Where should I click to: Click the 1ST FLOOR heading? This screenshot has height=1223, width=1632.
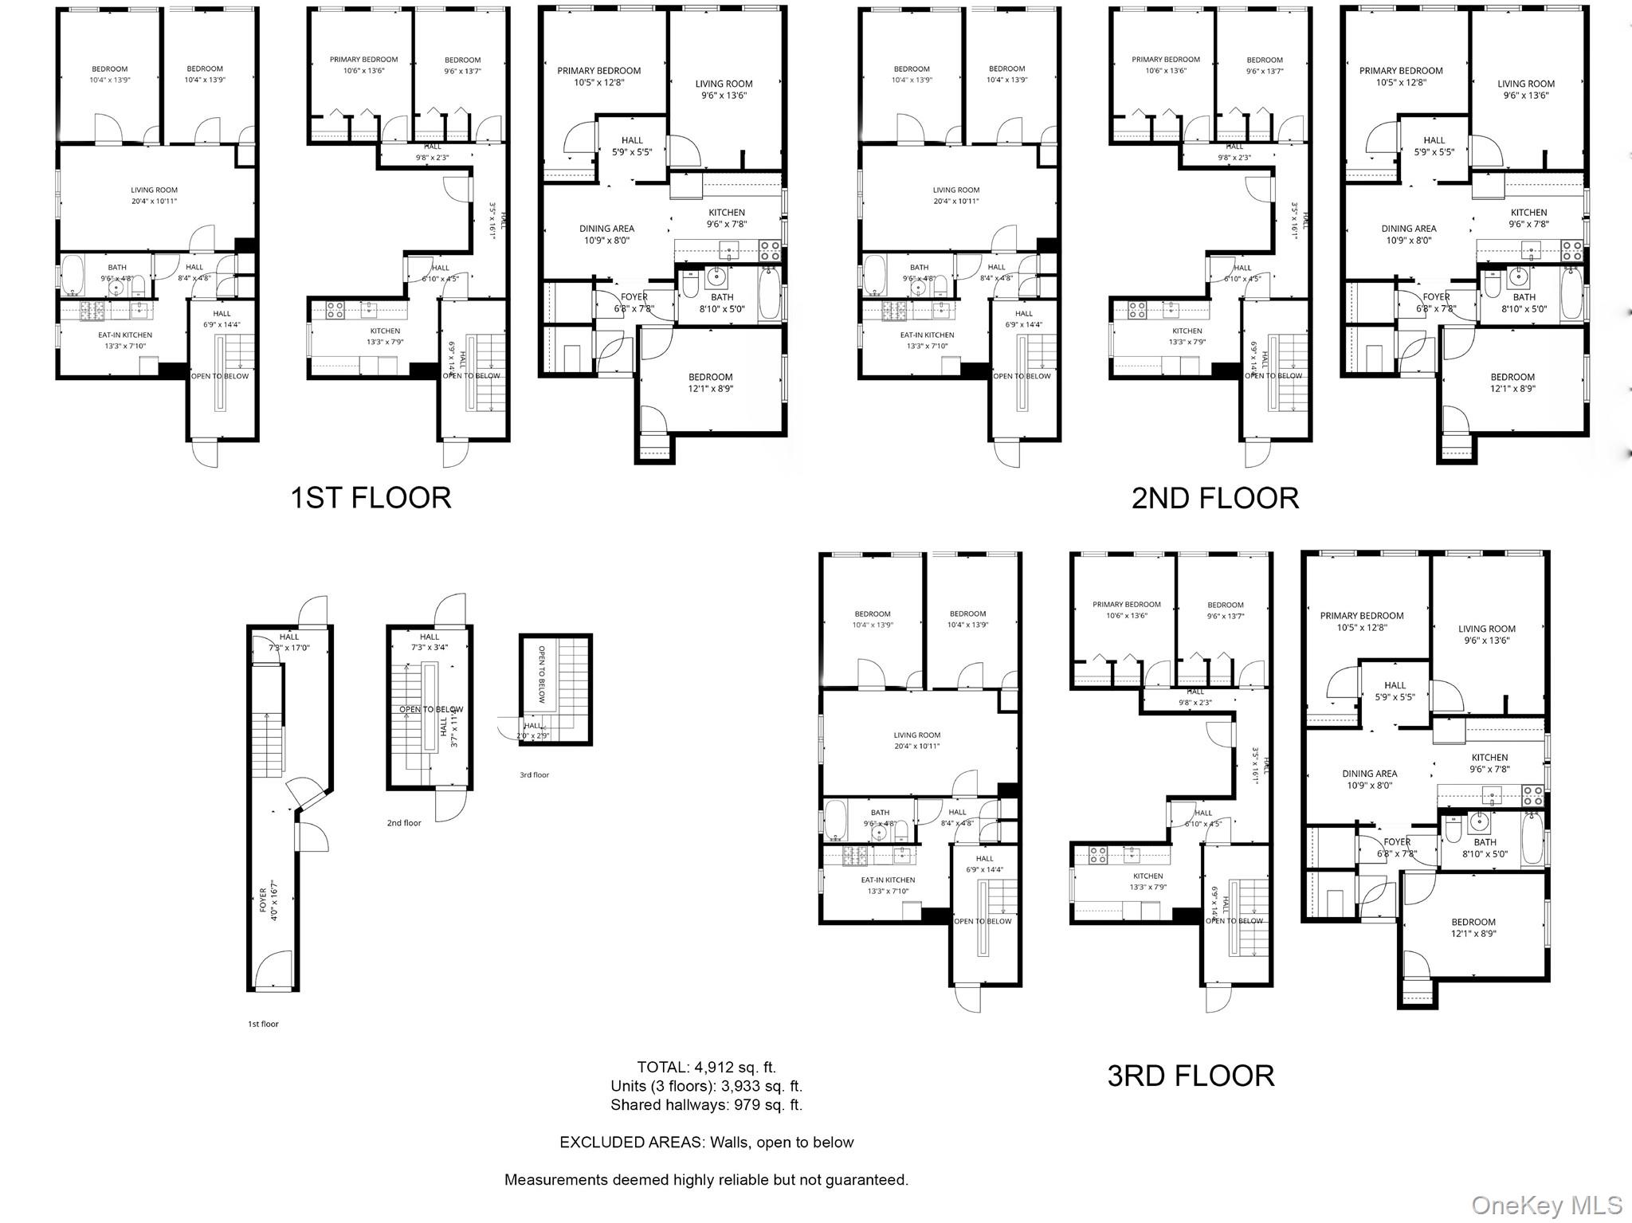(371, 498)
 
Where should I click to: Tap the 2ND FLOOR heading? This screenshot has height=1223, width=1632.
(1214, 498)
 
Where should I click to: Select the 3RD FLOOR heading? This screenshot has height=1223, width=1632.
(1191, 1076)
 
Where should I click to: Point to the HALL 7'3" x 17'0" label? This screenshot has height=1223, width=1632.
(288, 642)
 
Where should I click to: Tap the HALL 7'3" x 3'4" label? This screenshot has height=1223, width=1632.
(430, 642)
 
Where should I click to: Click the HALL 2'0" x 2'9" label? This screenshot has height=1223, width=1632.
(532, 731)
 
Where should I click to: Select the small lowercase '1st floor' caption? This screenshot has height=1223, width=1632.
(263, 1024)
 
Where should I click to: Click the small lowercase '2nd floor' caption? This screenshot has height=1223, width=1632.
(404, 823)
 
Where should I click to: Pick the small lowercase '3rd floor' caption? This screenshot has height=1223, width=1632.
(534, 774)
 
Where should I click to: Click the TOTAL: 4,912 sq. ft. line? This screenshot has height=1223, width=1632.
(706, 1067)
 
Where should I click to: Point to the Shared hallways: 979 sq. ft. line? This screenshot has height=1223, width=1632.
(706, 1105)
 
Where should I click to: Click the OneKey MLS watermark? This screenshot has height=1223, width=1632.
(1547, 1205)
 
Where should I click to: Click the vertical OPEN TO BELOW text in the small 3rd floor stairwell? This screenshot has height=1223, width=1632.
(542, 674)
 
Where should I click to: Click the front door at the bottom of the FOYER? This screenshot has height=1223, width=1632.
(273, 971)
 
